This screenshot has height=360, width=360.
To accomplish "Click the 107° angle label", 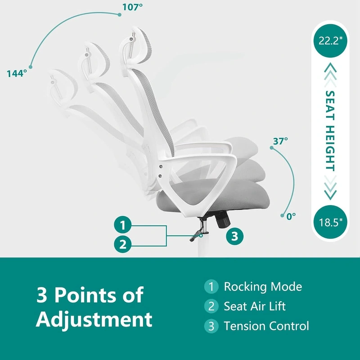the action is [x=132, y=7].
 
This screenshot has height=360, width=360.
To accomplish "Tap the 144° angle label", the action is [x=17, y=73].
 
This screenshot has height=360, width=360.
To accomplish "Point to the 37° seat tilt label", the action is [x=280, y=141].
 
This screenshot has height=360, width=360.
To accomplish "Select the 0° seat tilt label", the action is [x=291, y=216].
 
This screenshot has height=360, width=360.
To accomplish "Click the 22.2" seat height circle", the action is [x=330, y=41].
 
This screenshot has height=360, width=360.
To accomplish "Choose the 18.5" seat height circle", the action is [x=330, y=222].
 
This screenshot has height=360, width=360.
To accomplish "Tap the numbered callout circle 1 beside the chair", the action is [x=123, y=225].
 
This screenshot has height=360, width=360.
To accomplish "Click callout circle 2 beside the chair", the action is [x=123, y=244].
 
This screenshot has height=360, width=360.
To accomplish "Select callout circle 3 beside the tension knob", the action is [x=234, y=236].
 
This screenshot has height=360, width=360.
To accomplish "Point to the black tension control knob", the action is [x=222, y=219].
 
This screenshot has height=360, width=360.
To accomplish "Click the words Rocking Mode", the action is [x=263, y=287].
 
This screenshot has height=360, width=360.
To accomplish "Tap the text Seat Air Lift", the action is [x=255, y=306].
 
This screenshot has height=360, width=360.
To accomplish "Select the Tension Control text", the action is [x=266, y=326].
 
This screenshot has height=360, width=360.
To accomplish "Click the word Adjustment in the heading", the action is [x=94, y=319].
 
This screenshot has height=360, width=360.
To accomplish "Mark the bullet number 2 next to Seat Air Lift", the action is [x=211, y=306].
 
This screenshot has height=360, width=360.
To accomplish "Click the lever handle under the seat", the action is [x=195, y=235].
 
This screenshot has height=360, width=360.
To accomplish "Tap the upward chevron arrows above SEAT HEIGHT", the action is [x=330, y=75].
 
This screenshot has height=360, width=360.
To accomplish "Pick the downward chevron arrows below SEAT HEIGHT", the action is [x=330, y=188].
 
